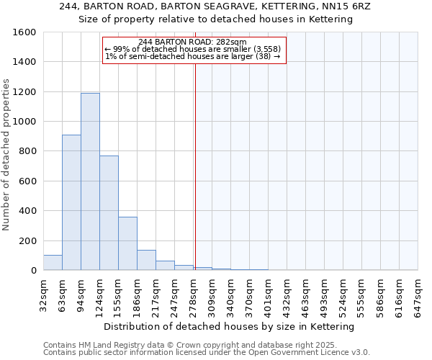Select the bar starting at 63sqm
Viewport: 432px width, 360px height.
pyautogui.click(x=71, y=202)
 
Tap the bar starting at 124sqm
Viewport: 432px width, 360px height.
pyautogui.click(x=109, y=212)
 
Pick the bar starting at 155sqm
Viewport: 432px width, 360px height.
pyautogui.click(x=127, y=243)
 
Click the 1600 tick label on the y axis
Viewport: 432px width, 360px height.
pyautogui.click(x=24, y=32)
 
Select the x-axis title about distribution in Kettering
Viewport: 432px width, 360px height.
pyautogui.click(x=230, y=326)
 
